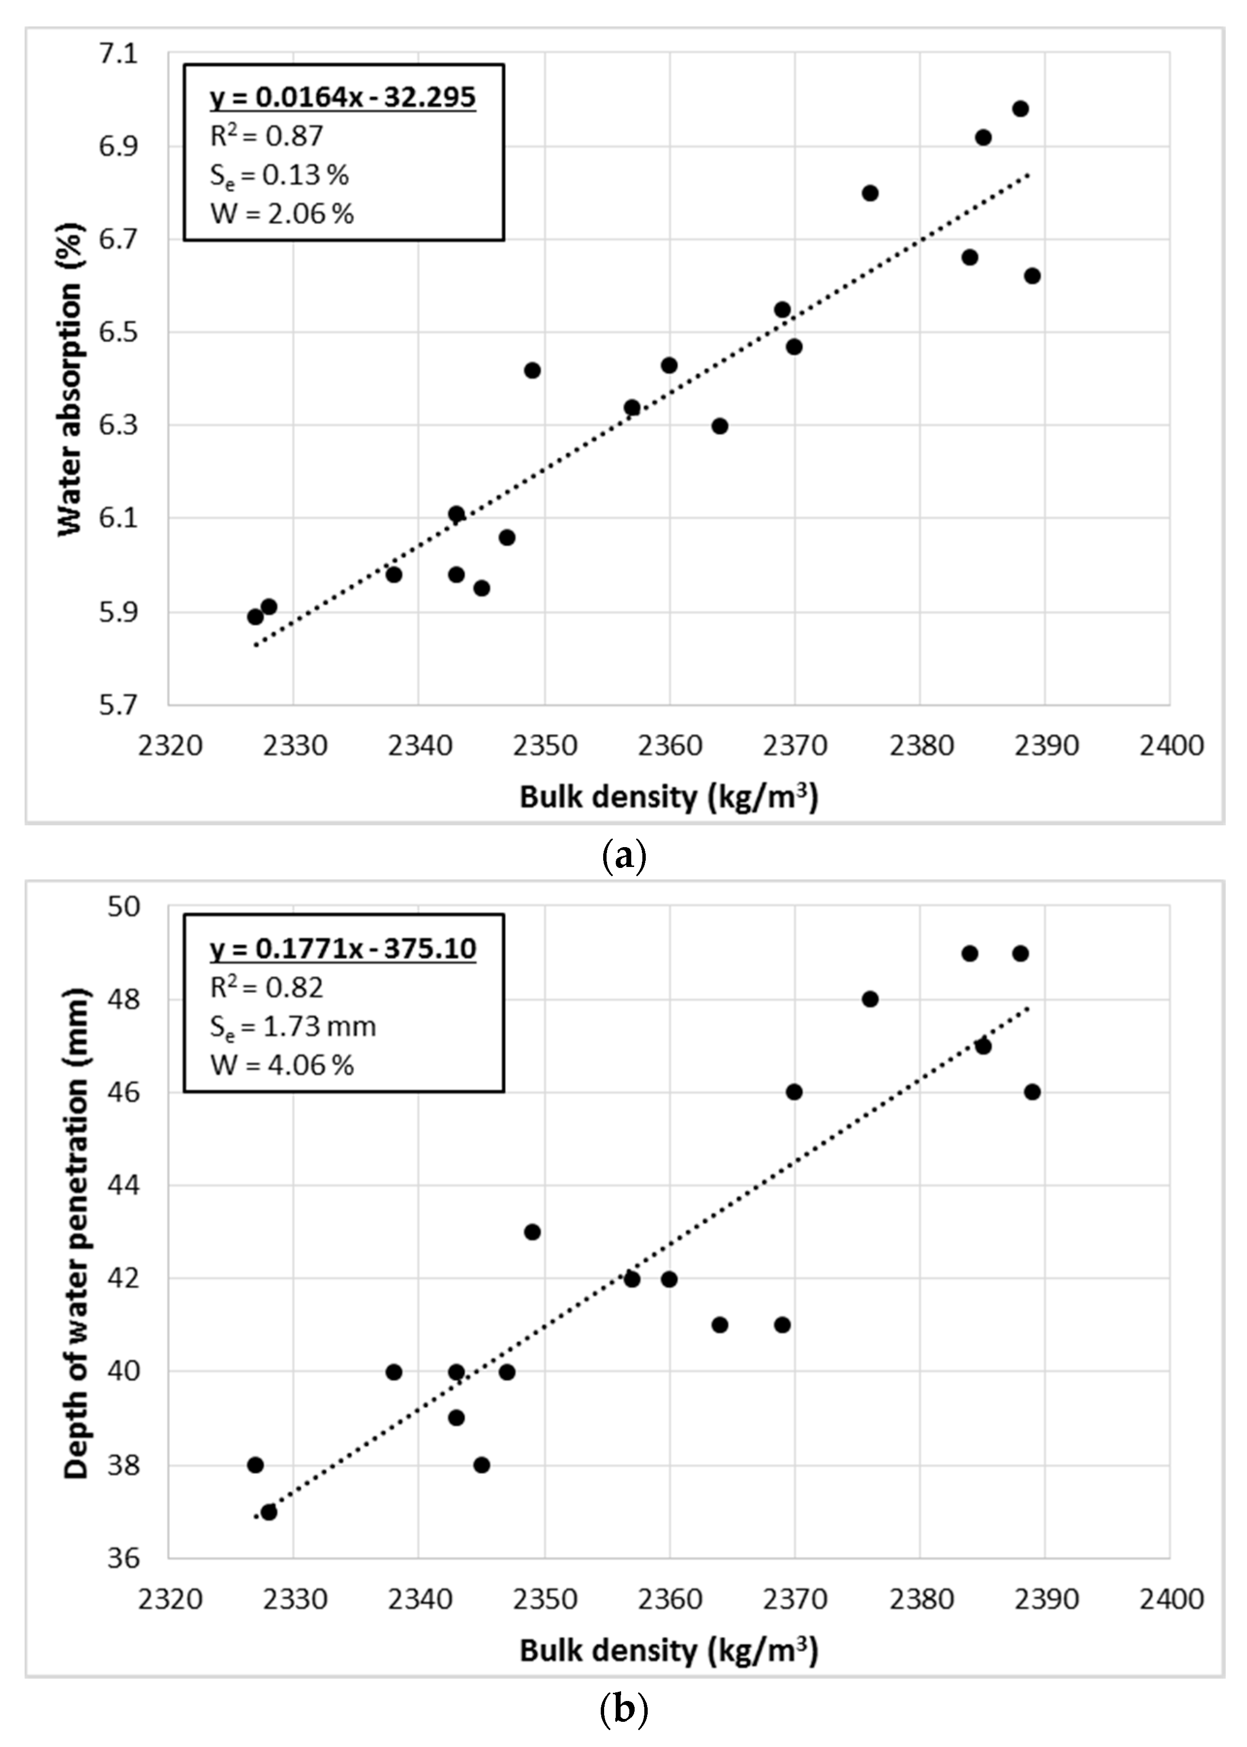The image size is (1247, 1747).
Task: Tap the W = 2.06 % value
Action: pyautogui.click(x=282, y=213)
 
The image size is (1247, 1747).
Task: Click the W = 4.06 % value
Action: pyautogui.click(x=282, y=1065)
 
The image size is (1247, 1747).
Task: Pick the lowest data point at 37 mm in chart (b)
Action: pyautogui.click(x=269, y=1512)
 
